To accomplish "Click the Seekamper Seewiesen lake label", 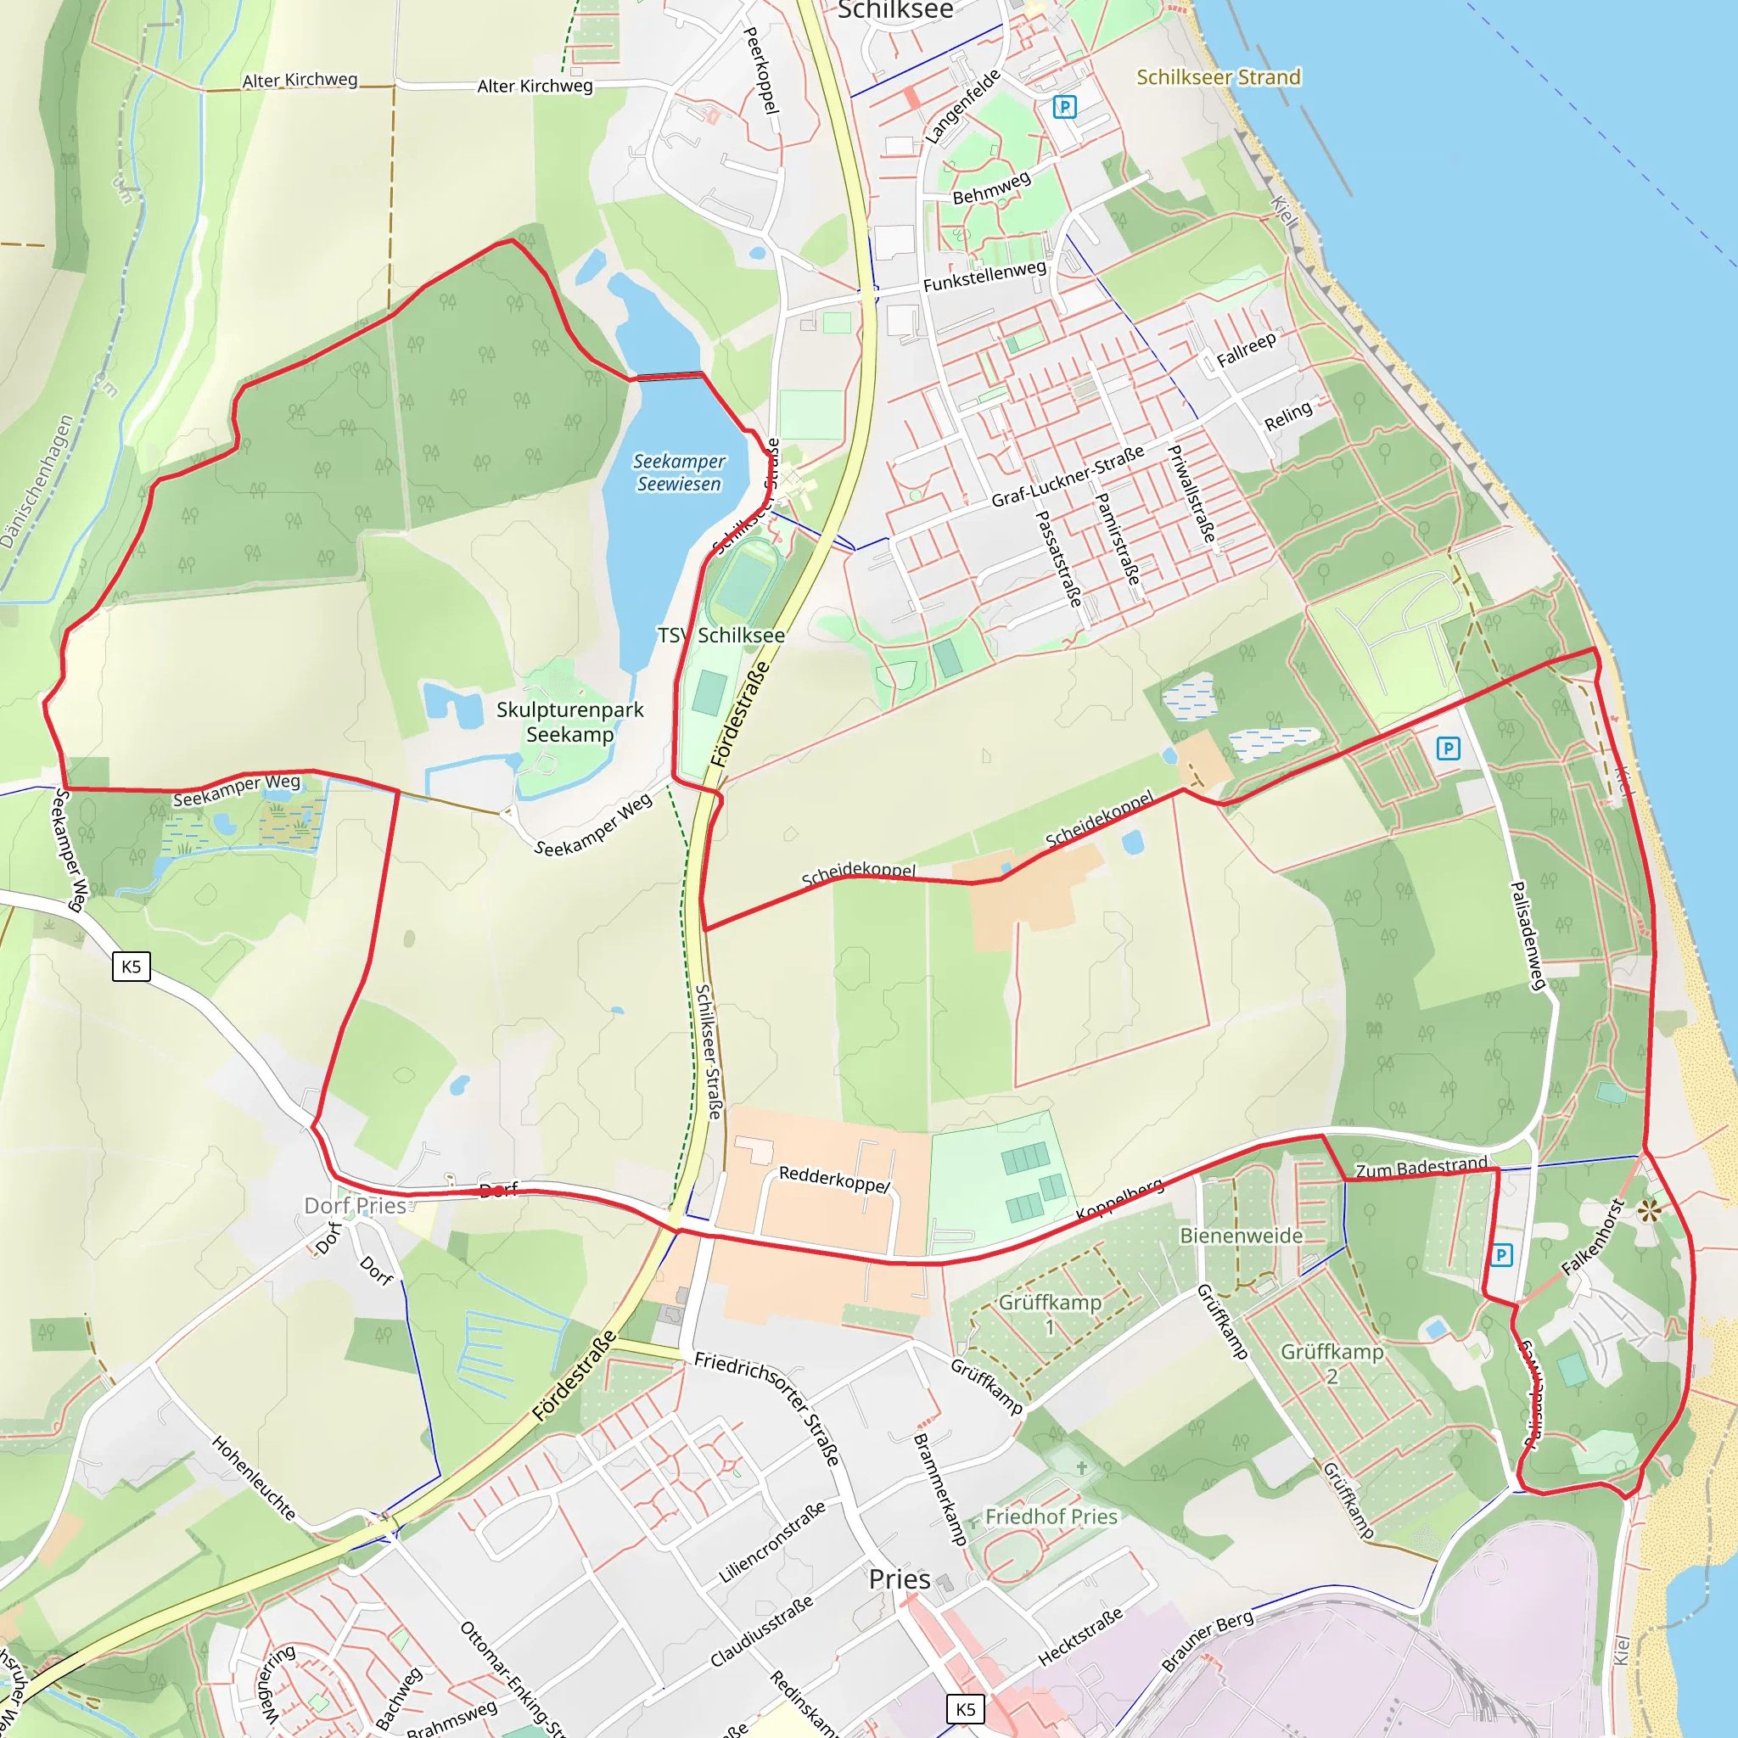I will pos(678,473).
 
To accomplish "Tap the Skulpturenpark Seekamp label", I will pos(569,722).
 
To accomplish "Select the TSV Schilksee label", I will pos(720,635).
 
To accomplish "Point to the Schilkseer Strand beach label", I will pos(1218,77).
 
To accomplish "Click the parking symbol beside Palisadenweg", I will pos(1448,748).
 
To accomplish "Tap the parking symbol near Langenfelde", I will pos(1064,107).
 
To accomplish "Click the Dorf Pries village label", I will pos(355,1205).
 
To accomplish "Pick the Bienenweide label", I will pos(1241,1235).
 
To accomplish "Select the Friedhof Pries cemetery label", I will pos(1051,1517).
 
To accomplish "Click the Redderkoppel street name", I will pos(834,1179).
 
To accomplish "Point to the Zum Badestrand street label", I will pos(1421,1168).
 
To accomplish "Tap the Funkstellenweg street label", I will pos(984,275).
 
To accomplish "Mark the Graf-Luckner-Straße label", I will pos(1068,475).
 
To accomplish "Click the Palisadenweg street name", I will pos(1528,935).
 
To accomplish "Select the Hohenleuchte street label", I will pos(254,1477).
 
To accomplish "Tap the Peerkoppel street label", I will pos(761,70).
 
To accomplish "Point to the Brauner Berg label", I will pos(1208,1641).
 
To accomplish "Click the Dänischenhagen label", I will pos(36,482).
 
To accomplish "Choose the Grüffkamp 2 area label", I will pos(1332,1364).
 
